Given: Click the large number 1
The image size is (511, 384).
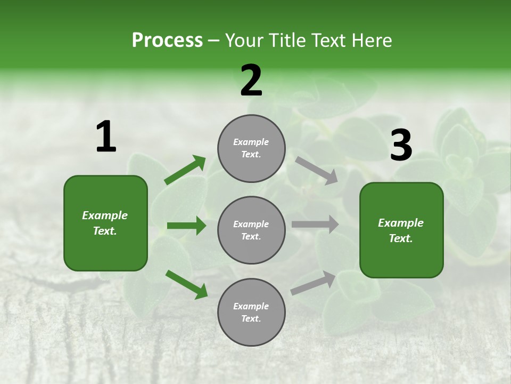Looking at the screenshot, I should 106,137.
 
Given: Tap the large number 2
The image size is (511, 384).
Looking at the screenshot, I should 251,81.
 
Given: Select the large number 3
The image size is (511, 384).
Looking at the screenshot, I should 401,146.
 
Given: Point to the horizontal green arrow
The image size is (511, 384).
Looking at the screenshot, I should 186,226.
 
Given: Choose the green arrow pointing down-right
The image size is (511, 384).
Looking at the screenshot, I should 187,284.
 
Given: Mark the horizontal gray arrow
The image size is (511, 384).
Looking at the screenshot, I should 315,225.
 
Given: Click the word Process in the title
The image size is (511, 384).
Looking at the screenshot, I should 167,40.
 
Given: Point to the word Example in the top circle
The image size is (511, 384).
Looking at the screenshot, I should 251,142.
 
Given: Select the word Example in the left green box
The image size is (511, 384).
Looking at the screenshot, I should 105,215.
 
